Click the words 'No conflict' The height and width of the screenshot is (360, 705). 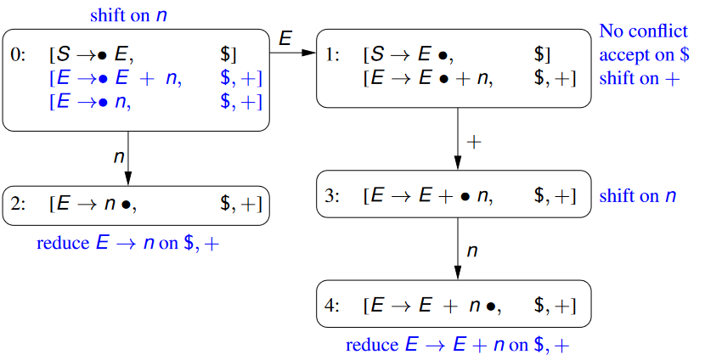643,32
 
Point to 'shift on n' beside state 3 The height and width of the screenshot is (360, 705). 638,196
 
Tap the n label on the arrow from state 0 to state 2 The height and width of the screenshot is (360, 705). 118,157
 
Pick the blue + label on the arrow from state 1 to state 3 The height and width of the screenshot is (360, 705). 474,142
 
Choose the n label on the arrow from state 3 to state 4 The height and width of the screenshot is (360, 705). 472,250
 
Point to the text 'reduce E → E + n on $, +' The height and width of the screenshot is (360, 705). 457,346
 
